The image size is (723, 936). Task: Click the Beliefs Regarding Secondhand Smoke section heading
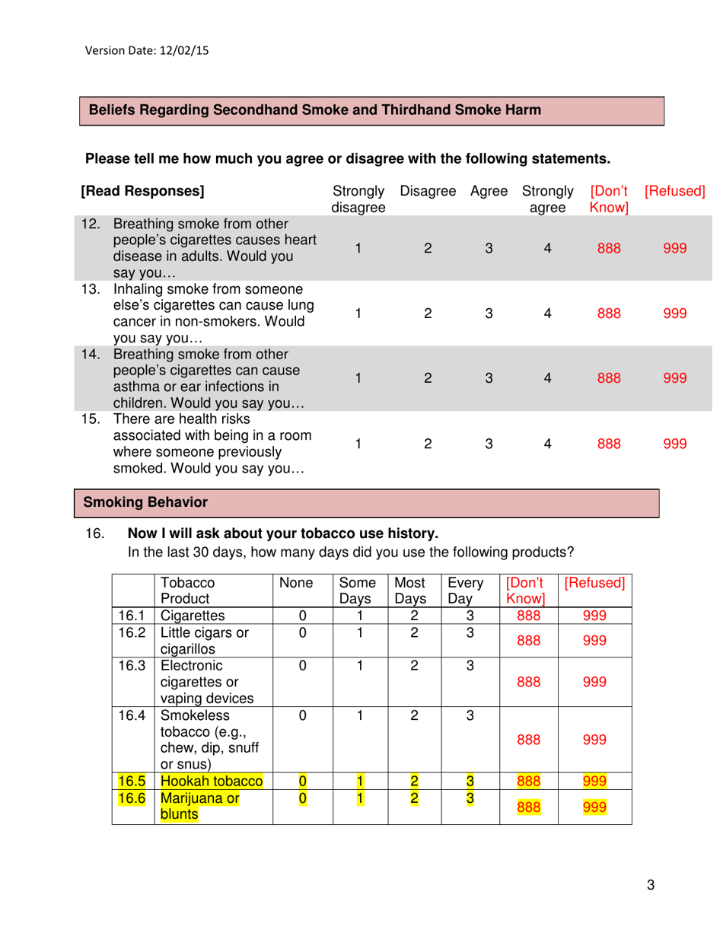coord(315,110)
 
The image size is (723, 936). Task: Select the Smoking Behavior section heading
coord(145,501)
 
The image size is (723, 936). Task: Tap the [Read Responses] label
coord(144,191)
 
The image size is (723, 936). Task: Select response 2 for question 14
coord(428,378)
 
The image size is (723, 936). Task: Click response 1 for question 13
coord(358,313)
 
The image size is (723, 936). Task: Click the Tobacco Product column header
coord(187,591)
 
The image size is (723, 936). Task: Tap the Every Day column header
coord(466,591)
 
